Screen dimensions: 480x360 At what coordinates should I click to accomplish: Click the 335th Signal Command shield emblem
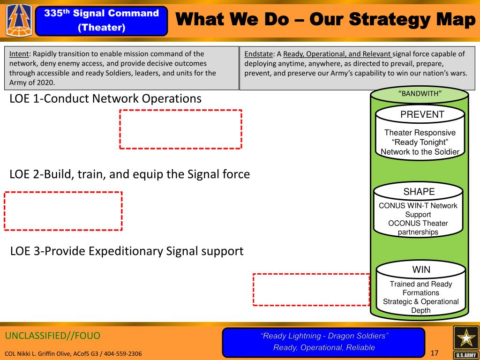(x=19, y=21)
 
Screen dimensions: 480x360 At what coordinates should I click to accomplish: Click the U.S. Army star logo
(x=466, y=342)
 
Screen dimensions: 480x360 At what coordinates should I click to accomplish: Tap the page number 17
(x=435, y=353)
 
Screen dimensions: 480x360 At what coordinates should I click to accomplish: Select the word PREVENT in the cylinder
(x=422, y=114)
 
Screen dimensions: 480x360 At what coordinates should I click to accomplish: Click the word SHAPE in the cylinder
(x=419, y=192)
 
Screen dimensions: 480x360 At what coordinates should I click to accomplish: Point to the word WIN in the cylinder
(x=421, y=270)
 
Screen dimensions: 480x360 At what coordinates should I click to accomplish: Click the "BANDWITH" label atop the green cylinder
(x=420, y=94)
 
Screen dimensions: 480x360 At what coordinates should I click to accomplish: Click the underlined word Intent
(x=19, y=54)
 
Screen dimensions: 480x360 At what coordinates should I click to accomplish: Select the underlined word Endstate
(x=258, y=54)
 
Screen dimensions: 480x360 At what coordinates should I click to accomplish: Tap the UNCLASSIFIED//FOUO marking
(x=52, y=336)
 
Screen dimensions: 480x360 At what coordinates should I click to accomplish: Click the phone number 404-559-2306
(x=123, y=353)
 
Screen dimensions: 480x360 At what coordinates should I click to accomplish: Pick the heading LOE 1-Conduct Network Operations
(x=105, y=98)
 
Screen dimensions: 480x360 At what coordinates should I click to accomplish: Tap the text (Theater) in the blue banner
(x=102, y=28)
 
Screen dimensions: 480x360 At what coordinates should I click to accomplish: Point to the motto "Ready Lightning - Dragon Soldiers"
(x=324, y=336)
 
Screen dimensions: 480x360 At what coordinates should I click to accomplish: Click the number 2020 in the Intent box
(x=46, y=82)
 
